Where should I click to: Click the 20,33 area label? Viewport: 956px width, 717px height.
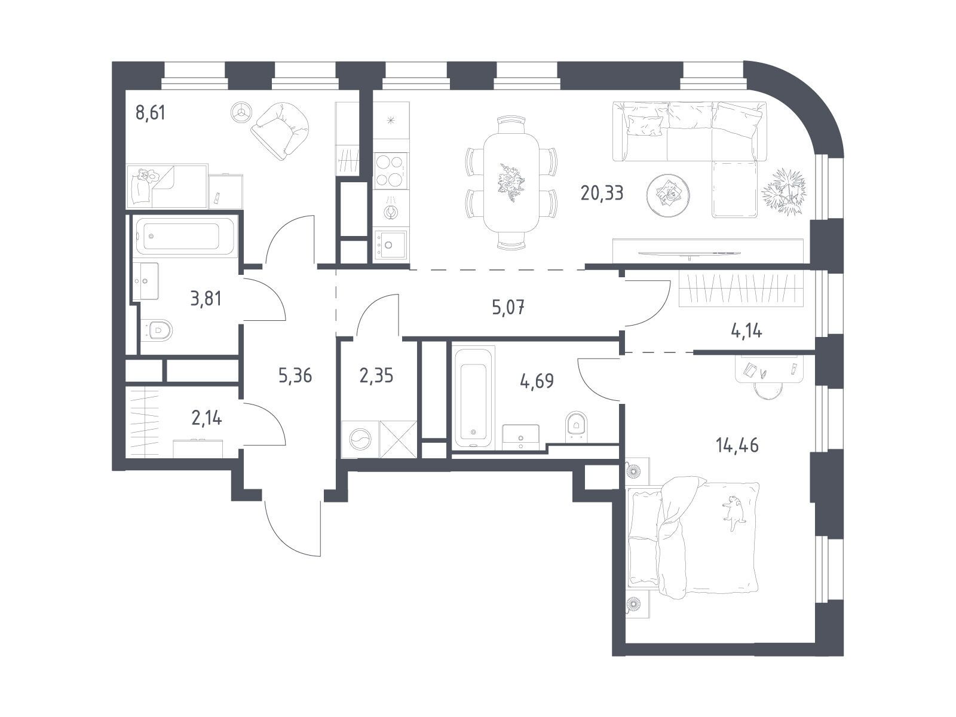point(602,192)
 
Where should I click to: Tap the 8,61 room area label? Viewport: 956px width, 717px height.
point(150,113)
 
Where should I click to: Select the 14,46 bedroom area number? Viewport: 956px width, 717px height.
point(737,445)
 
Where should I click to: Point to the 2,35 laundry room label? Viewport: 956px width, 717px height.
point(376,375)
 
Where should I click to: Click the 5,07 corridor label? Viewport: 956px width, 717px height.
point(508,307)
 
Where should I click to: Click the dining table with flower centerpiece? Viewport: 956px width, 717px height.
point(511,183)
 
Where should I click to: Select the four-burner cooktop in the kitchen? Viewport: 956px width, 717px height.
point(391,171)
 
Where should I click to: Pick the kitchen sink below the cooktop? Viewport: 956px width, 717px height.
point(390,245)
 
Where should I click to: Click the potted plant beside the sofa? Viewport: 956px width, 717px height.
point(783,191)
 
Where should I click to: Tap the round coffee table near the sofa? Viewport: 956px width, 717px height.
point(668,195)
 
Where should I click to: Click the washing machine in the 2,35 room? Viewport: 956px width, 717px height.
point(360,439)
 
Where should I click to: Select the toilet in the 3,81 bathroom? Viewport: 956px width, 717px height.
point(157,330)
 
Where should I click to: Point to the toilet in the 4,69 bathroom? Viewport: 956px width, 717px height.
point(577,426)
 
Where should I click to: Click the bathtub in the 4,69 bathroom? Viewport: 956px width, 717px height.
point(473,396)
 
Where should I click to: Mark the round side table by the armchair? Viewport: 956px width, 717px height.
point(241,112)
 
